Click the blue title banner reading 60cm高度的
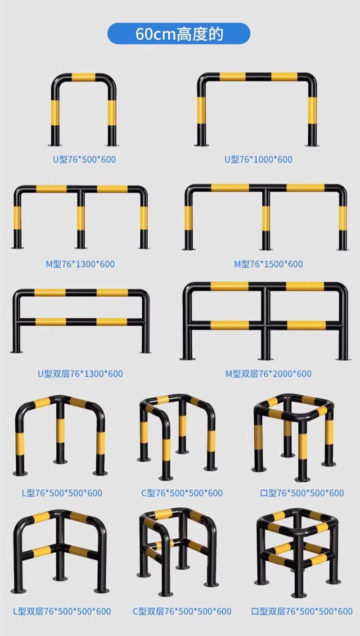pyautogui.click(x=179, y=33)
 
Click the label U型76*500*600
pyautogui.click(x=84, y=159)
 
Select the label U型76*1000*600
pyautogui.click(x=258, y=159)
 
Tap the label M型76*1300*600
pyautogui.click(x=80, y=264)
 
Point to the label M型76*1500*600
pyautogui.click(x=268, y=264)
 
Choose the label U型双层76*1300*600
pyautogui.click(x=81, y=374)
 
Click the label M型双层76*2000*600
pyautogui.click(x=268, y=374)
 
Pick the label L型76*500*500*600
pyautogui.click(x=62, y=493)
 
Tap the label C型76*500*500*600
pyautogui.click(x=182, y=493)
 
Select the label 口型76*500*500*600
pyautogui.click(x=302, y=493)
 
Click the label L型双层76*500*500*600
pyautogui.click(x=62, y=611)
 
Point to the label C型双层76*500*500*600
pyautogui.click(x=182, y=611)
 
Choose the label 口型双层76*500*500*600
pyautogui.click(x=302, y=611)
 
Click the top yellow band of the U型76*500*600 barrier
pyautogui.click(x=83, y=77)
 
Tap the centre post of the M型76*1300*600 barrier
pyautogui.click(x=81, y=219)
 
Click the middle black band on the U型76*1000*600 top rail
pyautogui.click(x=258, y=77)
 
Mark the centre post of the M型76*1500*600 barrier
pyautogui.click(x=266, y=220)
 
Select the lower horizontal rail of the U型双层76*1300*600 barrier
pyautogui.click(x=81, y=322)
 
